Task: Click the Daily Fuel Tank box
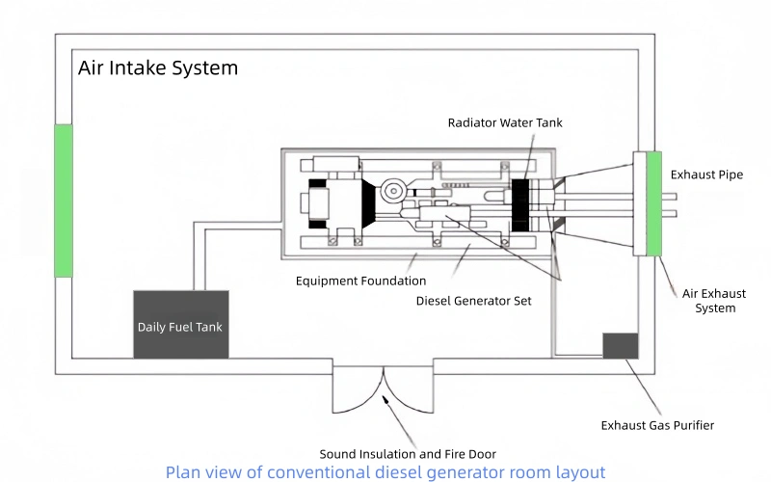click(180, 325)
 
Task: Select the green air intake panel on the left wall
click(63, 201)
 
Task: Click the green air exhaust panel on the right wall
click(653, 204)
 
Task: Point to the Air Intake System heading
click(158, 69)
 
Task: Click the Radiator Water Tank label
click(505, 122)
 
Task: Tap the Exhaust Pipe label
click(707, 174)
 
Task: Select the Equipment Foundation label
click(360, 281)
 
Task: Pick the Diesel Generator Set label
click(473, 301)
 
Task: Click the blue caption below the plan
click(385, 472)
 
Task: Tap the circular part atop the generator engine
click(392, 191)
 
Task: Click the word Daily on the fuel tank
click(154, 327)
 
